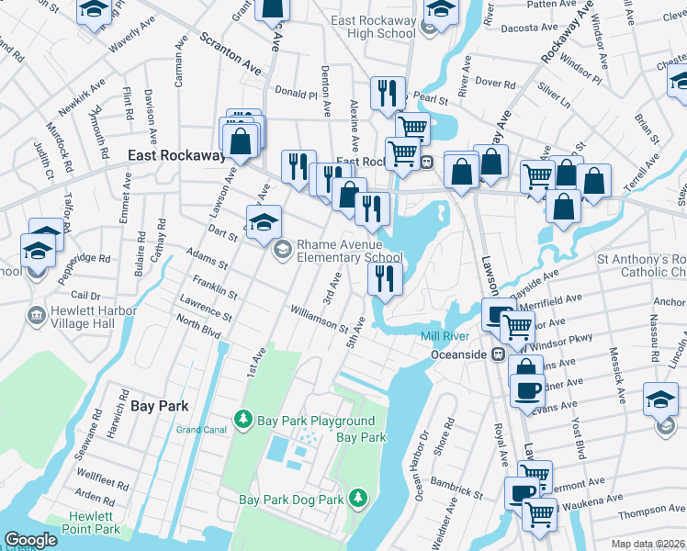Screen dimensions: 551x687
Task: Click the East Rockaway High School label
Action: tap(370, 26)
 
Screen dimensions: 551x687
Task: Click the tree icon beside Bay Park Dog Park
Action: tap(357, 499)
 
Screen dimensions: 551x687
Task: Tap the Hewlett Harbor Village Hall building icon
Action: tap(36, 315)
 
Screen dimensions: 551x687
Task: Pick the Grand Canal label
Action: tap(201, 429)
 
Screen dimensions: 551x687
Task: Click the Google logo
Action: tap(30, 540)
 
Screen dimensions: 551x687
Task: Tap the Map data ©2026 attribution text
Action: tap(647, 544)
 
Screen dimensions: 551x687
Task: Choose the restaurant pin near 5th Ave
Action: tap(385, 278)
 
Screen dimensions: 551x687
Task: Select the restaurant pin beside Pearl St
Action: tap(387, 93)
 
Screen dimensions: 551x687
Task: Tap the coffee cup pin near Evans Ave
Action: tap(526, 389)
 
